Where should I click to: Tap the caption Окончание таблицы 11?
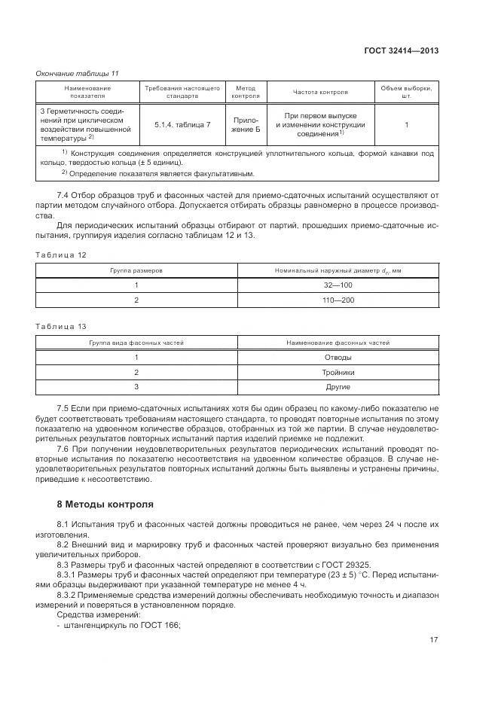pyautogui.click(x=78, y=73)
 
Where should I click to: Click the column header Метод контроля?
pyautogui.click(x=246, y=92)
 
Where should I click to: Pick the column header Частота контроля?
pyautogui.click(x=320, y=92)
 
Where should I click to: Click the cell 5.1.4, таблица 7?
pyautogui.click(x=182, y=123)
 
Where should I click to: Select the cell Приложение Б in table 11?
pyautogui.click(x=246, y=123)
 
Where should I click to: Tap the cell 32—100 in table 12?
pyautogui.click(x=338, y=285)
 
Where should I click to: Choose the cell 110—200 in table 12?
pyautogui.click(x=338, y=300)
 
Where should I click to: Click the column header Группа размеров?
pyautogui.click(x=136, y=270)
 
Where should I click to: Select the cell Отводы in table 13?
pyautogui.click(x=338, y=357)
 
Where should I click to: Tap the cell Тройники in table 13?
pyautogui.click(x=338, y=372)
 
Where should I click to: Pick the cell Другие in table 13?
pyautogui.click(x=338, y=387)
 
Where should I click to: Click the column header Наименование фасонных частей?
pyautogui.click(x=338, y=342)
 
